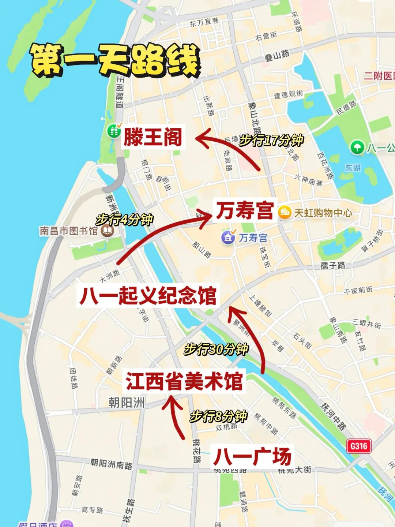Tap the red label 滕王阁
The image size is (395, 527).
pos(153,137)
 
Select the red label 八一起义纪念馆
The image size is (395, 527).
pos(148,296)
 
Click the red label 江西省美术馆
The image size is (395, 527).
pos(184,381)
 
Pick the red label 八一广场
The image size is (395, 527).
pos(252,456)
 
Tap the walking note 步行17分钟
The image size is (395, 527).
pos(271,140)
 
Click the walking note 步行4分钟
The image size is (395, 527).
pos(124,220)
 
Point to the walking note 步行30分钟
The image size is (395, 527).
pos(217,349)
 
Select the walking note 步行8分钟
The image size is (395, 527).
pos(218,416)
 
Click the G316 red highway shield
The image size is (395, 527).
pos(359,446)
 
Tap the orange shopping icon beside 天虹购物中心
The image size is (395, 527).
pos(285,212)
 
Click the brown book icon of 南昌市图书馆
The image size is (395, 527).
pos(108,231)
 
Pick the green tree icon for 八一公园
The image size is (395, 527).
pos(357,147)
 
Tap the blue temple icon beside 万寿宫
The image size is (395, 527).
pos(228,238)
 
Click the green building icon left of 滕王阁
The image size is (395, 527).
pos(114,131)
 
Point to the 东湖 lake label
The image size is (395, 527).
pos(353,168)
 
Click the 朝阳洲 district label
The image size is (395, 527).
pos(127,403)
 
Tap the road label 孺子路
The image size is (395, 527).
pos(332,265)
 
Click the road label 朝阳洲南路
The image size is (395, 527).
pos(111,464)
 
